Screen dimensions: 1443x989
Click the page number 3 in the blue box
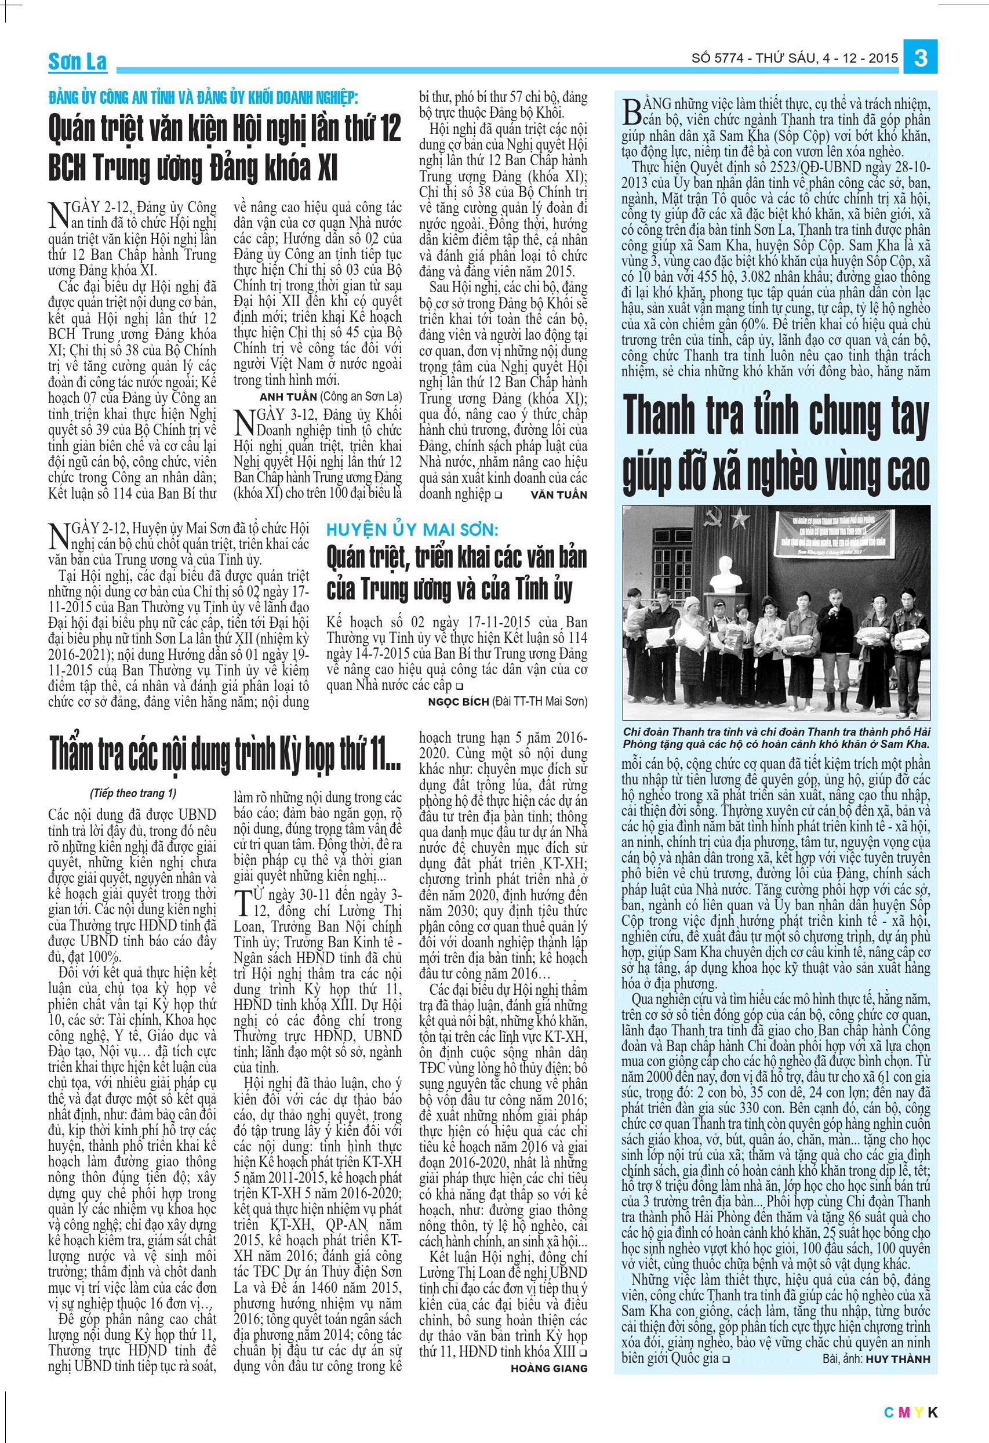(x=921, y=59)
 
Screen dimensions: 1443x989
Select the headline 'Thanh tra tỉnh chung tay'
(x=776, y=417)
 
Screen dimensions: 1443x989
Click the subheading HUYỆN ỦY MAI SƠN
(x=412, y=530)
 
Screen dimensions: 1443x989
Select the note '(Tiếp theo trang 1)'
(x=133, y=793)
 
